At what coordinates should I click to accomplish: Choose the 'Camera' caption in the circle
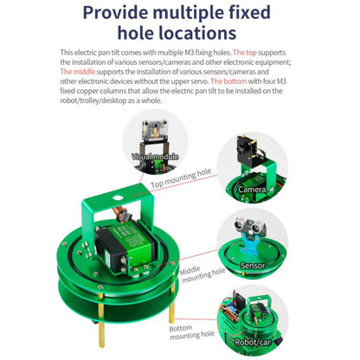[253, 189]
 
